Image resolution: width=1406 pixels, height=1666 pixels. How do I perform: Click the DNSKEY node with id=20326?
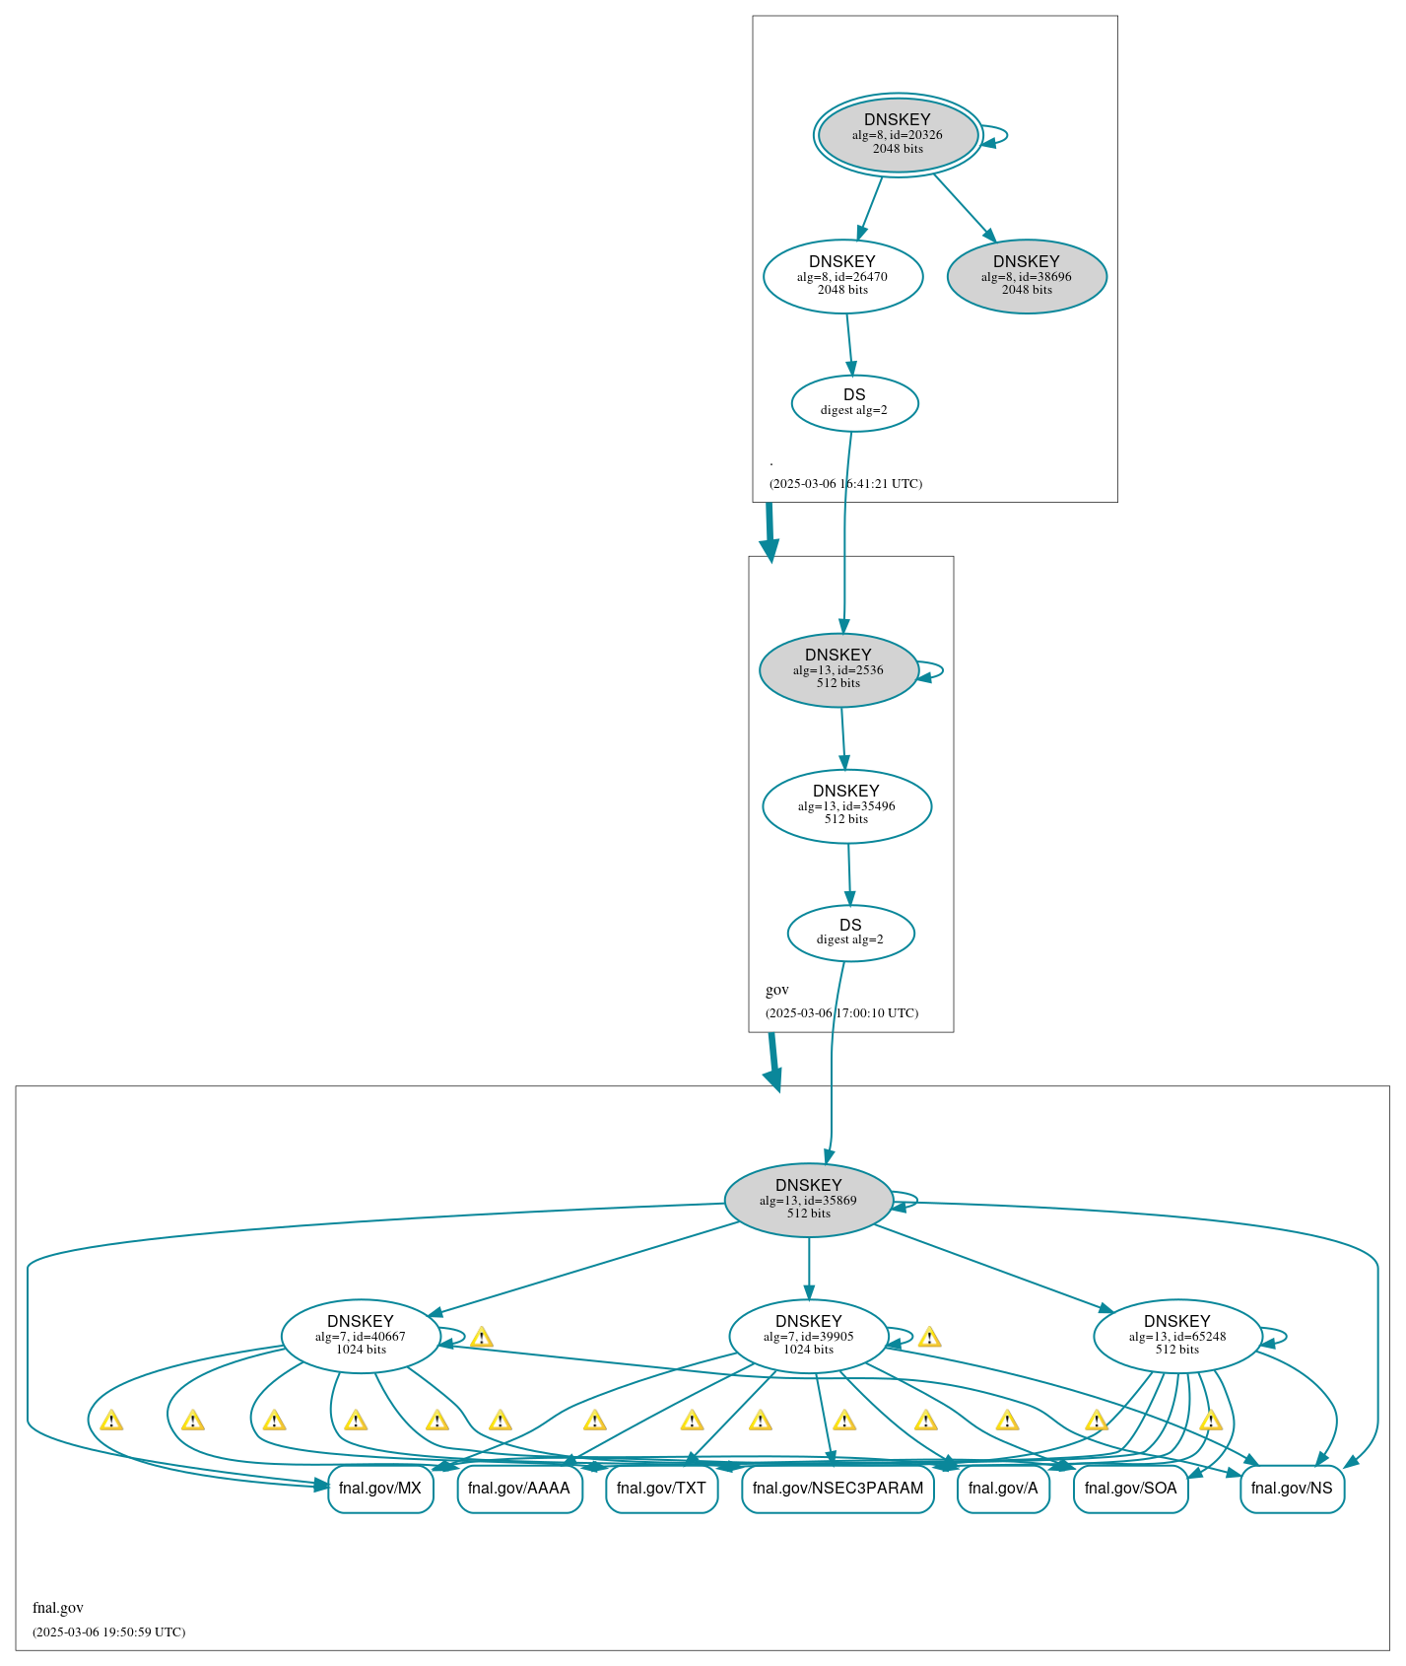coord(898,135)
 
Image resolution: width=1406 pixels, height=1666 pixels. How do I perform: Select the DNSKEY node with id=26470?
coord(842,276)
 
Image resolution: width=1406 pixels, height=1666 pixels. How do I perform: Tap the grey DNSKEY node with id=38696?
coord(1027,276)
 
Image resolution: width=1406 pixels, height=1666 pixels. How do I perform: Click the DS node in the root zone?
coord(854,403)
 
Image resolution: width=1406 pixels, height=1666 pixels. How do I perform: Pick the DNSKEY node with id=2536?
coord(838,669)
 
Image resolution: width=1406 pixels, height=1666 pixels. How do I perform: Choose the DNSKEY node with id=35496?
coord(846,805)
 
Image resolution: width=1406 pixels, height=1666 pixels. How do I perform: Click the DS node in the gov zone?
coord(850,933)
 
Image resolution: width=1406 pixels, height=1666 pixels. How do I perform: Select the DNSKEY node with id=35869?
coord(808,1200)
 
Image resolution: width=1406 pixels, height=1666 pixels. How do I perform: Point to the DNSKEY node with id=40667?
coord(361,1336)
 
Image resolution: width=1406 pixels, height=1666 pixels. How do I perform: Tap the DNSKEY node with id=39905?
coord(808,1336)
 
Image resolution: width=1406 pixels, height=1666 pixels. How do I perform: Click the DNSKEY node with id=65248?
coord(1177,1336)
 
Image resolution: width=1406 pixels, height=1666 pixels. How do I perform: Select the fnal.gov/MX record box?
coord(380,1488)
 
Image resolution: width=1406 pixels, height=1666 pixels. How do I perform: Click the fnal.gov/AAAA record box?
coord(519,1488)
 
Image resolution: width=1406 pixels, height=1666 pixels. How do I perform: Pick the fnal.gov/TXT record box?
coord(661,1488)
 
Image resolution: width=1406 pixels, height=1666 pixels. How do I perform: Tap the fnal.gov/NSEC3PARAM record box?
coord(837,1488)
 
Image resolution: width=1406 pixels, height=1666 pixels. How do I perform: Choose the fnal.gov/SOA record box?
coord(1130,1488)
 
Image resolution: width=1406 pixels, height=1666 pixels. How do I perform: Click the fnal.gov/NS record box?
coord(1291,1488)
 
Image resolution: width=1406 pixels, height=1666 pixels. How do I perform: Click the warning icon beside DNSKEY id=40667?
coord(481,1338)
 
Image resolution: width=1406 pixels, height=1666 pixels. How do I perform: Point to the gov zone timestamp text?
coord(841,1013)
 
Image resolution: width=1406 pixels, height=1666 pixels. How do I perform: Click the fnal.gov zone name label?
coord(58,1608)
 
